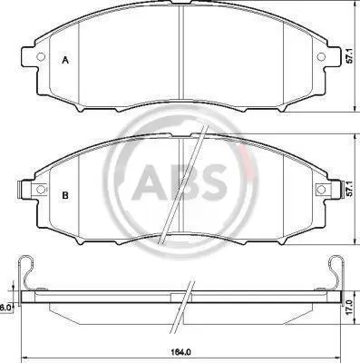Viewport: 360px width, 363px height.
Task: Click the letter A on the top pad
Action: (65, 60)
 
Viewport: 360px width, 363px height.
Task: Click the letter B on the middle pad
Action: (65, 195)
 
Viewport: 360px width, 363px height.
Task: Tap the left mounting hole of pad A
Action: (41, 56)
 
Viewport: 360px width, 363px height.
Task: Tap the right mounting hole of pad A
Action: (321, 56)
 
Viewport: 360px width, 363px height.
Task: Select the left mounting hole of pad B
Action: (41, 190)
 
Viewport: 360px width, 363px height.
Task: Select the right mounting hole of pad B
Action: (321, 190)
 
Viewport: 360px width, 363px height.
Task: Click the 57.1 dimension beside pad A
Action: (350, 56)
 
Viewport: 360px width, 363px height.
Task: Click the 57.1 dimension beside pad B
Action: (350, 190)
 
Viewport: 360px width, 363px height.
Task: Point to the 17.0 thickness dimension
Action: (350, 308)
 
